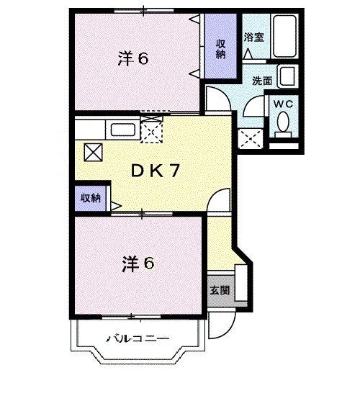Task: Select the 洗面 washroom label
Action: (262, 81)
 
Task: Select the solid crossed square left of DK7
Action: (92, 152)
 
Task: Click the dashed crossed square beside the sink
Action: (152, 129)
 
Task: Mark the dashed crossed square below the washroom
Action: (249, 137)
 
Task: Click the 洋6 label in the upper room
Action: (132, 59)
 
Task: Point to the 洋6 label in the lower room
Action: (136, 264)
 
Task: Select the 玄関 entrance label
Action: (220, 291)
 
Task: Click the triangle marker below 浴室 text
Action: (248, 53)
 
